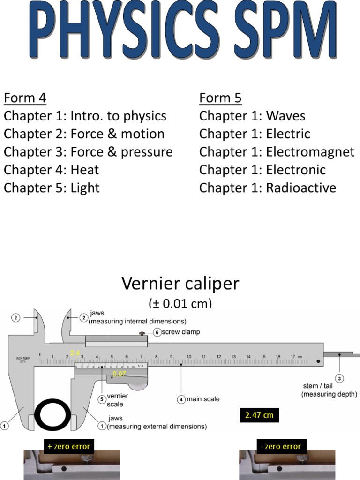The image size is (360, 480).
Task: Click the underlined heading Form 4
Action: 25,98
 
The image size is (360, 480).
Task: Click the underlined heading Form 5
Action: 220,98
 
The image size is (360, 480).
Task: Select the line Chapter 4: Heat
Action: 52,170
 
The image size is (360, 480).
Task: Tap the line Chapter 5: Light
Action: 52,188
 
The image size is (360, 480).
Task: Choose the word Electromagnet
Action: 310,152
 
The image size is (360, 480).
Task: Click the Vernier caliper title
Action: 180,284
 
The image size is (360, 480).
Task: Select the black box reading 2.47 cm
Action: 259,415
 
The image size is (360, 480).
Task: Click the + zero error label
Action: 68,446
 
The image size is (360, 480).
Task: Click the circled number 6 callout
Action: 157,332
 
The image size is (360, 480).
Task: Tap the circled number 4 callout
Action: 181,399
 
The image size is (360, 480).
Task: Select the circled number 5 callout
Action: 102,399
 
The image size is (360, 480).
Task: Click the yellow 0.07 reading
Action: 119,374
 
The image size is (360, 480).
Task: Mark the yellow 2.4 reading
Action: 75,352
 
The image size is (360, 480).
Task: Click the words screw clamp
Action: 181,332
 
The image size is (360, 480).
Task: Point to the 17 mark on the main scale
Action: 293,357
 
